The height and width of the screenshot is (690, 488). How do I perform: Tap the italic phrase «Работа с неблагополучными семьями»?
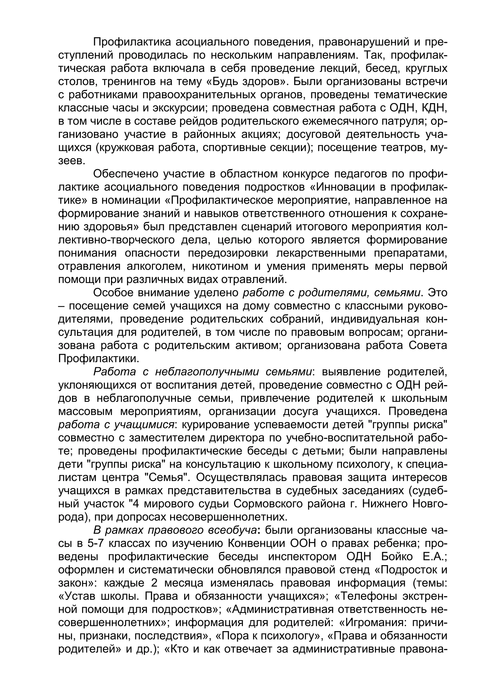(x=203, y=372)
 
